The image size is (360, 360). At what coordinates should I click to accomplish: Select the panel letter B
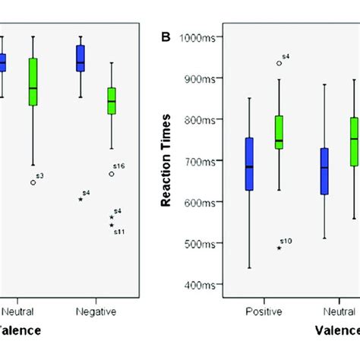166,37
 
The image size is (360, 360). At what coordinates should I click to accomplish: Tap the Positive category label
264,311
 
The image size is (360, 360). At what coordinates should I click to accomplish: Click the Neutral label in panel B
335,311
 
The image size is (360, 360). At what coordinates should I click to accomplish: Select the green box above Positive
279,132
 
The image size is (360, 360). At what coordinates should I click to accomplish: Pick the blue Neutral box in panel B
325,171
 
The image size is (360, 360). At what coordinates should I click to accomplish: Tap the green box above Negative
112,100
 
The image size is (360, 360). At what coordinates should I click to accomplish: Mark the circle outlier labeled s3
33,182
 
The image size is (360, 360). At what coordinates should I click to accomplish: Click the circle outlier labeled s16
112,173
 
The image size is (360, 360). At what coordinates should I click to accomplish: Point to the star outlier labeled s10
279,248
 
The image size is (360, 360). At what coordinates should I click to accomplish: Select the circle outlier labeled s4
279,63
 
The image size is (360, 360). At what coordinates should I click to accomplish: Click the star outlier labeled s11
112,225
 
